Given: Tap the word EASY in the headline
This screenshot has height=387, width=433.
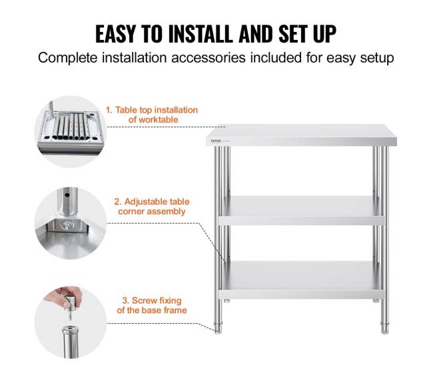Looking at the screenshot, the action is click(115, 34).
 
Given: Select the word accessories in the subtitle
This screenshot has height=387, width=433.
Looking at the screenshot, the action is click(209, 58).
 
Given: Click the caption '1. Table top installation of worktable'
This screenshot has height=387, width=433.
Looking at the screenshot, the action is click(152, 115).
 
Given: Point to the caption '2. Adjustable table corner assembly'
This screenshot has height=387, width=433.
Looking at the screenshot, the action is click(152, 206).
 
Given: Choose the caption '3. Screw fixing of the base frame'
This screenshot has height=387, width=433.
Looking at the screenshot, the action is click(152, 305).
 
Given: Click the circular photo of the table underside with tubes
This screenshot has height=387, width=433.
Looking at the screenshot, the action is click(71, 131).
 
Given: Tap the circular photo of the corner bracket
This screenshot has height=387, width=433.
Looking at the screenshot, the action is click(71, 223).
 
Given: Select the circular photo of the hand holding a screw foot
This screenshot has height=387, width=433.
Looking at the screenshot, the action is click(71, 322).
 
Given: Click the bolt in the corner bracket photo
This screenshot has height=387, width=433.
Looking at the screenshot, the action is click(67, 225).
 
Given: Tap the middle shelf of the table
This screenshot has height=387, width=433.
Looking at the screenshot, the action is click(301, 210).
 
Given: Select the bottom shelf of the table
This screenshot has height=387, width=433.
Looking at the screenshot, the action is click(301, 280).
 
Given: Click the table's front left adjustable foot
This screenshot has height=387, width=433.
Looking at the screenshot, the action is click(218, 328).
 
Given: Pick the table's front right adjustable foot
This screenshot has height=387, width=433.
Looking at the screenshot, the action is click(384, 328).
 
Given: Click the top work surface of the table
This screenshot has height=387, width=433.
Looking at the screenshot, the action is click(302, 135).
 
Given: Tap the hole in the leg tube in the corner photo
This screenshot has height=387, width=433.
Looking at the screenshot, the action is click(67, 195).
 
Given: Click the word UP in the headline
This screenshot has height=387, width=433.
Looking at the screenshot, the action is click(325, 34).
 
